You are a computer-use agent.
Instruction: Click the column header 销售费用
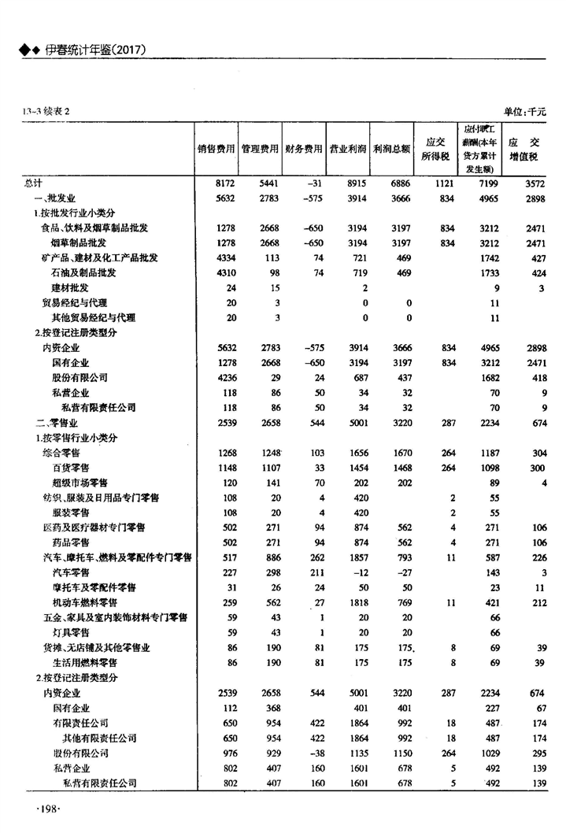[216, 147]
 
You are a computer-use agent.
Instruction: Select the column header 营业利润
[348, 147]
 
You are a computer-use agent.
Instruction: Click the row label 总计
[33, 182]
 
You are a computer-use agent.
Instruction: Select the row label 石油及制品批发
[84, 272]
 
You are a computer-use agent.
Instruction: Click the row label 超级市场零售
[80, 483]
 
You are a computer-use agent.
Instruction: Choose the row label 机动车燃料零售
[84, 602]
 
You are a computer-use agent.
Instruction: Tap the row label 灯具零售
[69, 632]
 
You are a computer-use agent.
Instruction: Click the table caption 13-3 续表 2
[46, 112]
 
